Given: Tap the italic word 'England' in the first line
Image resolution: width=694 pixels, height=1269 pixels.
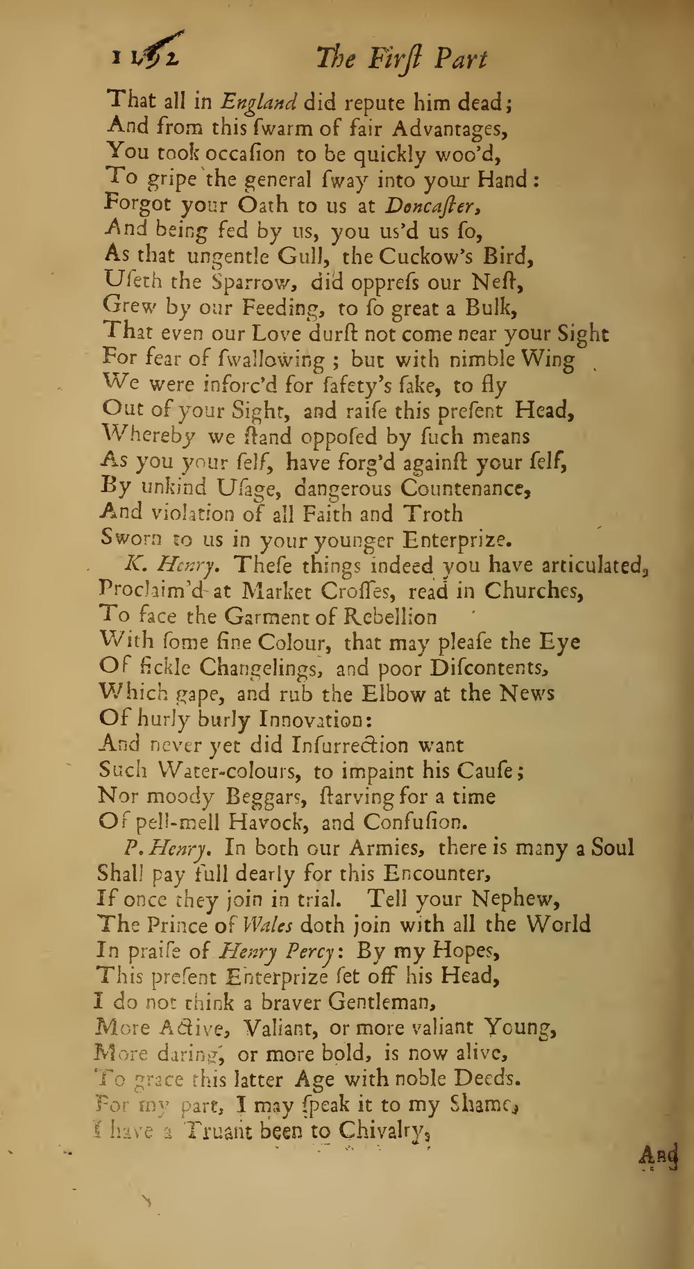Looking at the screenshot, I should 259,103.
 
